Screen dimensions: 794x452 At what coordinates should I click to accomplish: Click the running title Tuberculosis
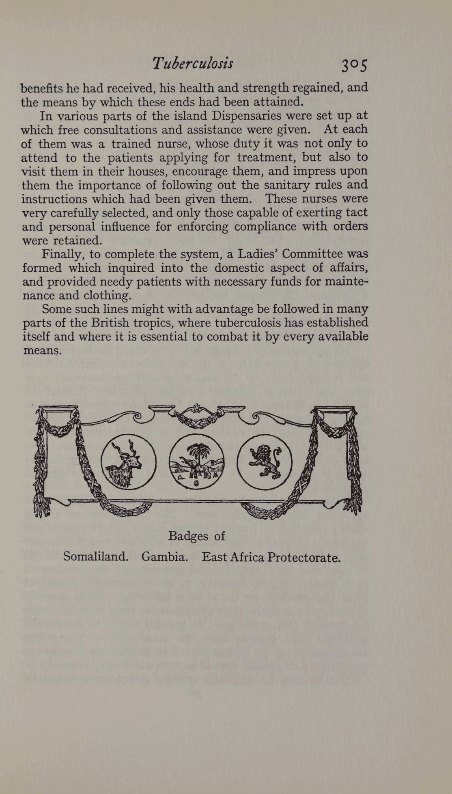click(193, 63)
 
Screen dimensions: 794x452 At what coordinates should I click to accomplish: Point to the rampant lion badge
click(264, 462)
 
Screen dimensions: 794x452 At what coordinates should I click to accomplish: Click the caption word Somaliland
click(96, 556)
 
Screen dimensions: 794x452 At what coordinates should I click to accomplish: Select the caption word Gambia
click(164, 556)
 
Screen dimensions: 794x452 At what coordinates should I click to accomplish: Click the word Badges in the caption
click(188, 536)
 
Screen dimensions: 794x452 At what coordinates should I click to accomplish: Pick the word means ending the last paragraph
click(42, 351)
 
